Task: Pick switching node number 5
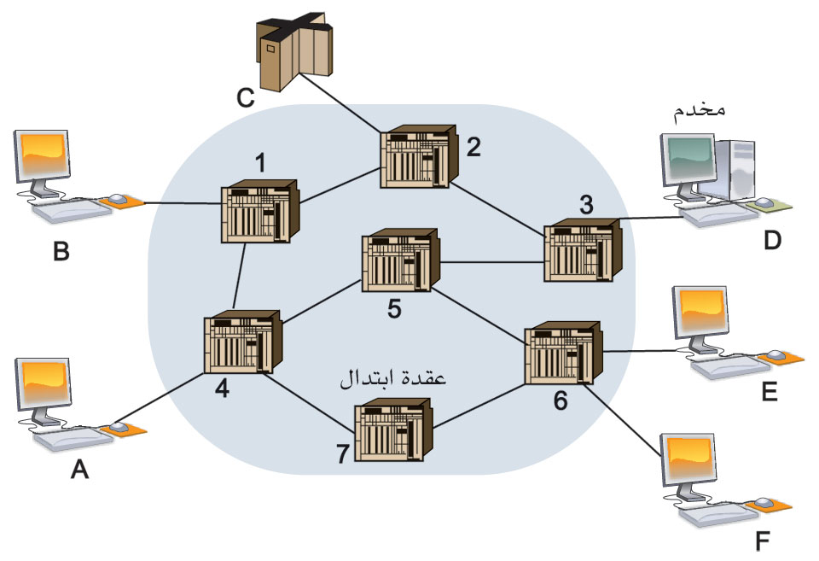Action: (402, 263)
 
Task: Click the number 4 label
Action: (222, 389)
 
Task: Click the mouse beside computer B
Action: (117, 200)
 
